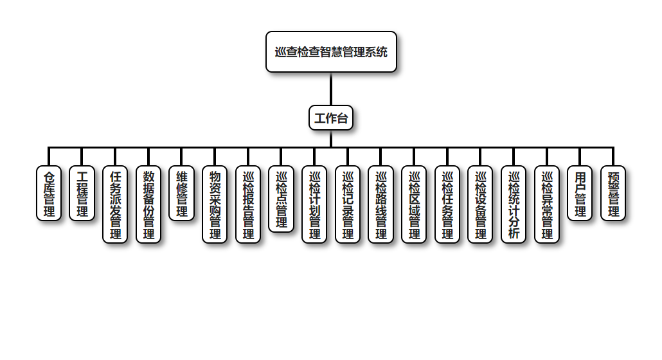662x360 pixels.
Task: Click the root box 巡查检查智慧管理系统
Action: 331,52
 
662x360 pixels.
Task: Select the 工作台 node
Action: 331,118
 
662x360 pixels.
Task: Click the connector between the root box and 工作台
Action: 331,89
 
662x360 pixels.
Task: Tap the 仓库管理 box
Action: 49,193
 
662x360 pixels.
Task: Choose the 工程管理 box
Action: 82,193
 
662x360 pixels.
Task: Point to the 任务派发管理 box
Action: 115,204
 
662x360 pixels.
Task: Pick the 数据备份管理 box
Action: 148,204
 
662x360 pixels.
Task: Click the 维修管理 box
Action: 181,193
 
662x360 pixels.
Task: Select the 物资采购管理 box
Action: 215,204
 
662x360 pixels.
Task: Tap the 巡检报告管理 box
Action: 248,204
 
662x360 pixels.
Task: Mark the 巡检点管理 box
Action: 281,199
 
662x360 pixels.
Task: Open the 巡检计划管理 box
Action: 314,204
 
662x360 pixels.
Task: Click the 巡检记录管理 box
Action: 348,204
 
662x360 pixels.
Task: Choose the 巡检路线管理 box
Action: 380,204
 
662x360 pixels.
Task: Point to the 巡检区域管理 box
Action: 414,204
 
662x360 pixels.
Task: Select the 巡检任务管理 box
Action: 447,204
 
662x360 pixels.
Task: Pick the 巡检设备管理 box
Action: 480,204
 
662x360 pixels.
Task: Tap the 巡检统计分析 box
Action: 514,204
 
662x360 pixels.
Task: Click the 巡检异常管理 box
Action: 547,204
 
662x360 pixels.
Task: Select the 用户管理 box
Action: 580,193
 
